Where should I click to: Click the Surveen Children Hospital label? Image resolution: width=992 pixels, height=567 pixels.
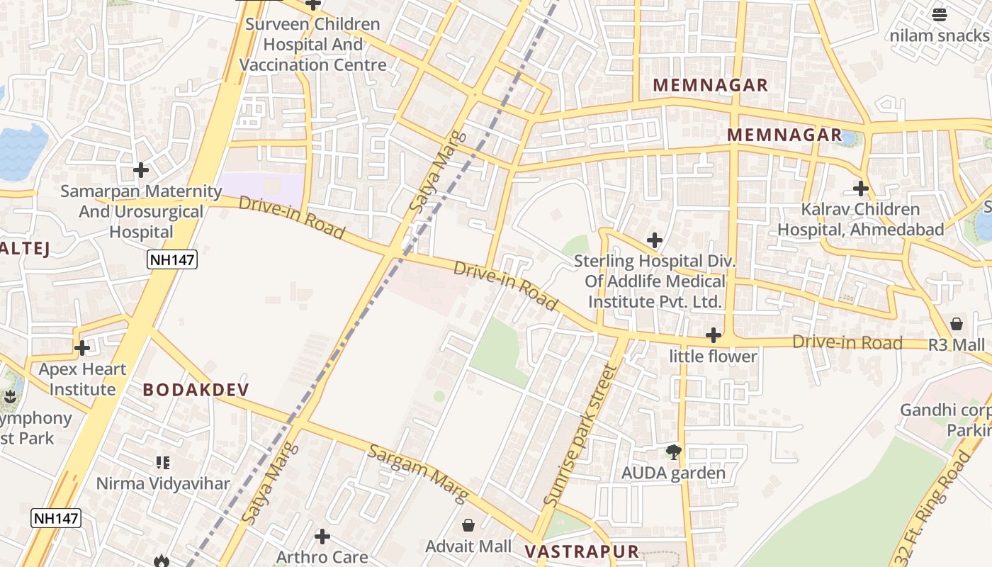tap(312, 45)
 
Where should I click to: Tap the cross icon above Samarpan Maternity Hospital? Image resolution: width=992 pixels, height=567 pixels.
tap(141, 170)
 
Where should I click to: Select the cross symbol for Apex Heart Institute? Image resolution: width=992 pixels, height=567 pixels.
tap(82, 348)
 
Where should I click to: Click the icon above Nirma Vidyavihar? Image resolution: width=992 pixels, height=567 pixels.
tap(163, 463)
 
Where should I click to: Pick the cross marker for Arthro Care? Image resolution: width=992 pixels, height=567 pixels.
tap(322, 536)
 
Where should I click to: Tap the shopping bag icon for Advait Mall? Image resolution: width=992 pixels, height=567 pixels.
tap(468, 525)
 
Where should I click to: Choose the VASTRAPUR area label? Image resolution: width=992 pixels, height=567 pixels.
tap(581, 551)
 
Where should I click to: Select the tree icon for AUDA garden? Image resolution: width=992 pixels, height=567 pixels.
tap(673, 451)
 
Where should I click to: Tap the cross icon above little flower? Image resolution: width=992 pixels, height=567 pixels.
tap(714, 335)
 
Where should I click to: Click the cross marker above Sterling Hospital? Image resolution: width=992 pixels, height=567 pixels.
tap(655, 240)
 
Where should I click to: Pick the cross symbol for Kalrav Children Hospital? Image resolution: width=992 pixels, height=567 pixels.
tap(861, 189)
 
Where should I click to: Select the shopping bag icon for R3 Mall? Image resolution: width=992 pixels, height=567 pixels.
tap(957, 324)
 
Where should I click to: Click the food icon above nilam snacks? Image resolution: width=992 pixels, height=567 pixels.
tap(940, 14)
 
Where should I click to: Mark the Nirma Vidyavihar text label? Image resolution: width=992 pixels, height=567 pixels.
tap(163, 484)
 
